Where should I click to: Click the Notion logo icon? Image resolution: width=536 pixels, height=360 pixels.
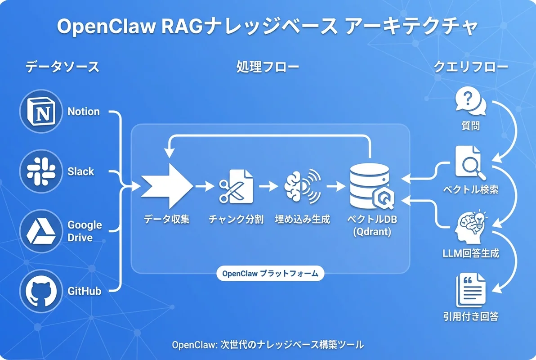[40, 111]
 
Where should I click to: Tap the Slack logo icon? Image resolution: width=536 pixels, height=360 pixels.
[40, 171]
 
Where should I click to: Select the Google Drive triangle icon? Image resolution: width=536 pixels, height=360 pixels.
[40, 231]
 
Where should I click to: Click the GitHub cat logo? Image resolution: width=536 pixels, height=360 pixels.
[40, 291]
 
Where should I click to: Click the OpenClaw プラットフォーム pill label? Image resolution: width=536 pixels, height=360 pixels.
[270, 273]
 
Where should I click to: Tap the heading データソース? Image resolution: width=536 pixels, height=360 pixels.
[62, 67]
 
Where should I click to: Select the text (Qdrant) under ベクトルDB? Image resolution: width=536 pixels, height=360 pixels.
[371, 233]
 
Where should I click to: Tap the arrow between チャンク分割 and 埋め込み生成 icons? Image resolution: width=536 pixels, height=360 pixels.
[268, 185]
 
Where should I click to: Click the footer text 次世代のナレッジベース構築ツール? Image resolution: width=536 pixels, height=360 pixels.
[292, 344]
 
